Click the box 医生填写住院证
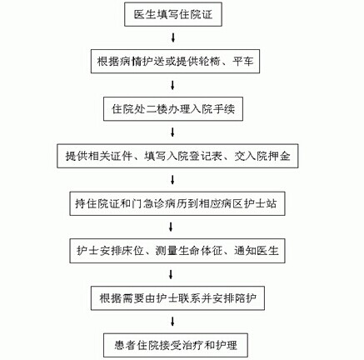click(x=173, y=14)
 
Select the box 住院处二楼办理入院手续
click(x=173, y=109)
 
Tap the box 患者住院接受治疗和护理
click(x=176, y=345)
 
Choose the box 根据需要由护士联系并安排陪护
click(x=177, y=298)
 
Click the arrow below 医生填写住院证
click(x=173, y=37)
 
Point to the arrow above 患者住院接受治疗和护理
click(x=172, y=322)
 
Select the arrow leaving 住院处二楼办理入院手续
click(x=172, y=132)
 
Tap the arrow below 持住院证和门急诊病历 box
click(x=171, y=227)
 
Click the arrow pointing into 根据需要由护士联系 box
click(x=171, y=274)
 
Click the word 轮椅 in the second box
click(x=210, y=62)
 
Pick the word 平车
click(x=243, y=62)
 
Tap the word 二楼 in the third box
click(x=157, y=109)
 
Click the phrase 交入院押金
click(x=262, y=156)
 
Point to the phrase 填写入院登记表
click(x=183, y=156)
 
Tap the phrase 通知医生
click(x=257, y=251)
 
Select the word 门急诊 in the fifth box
click(x=149, y=203)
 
